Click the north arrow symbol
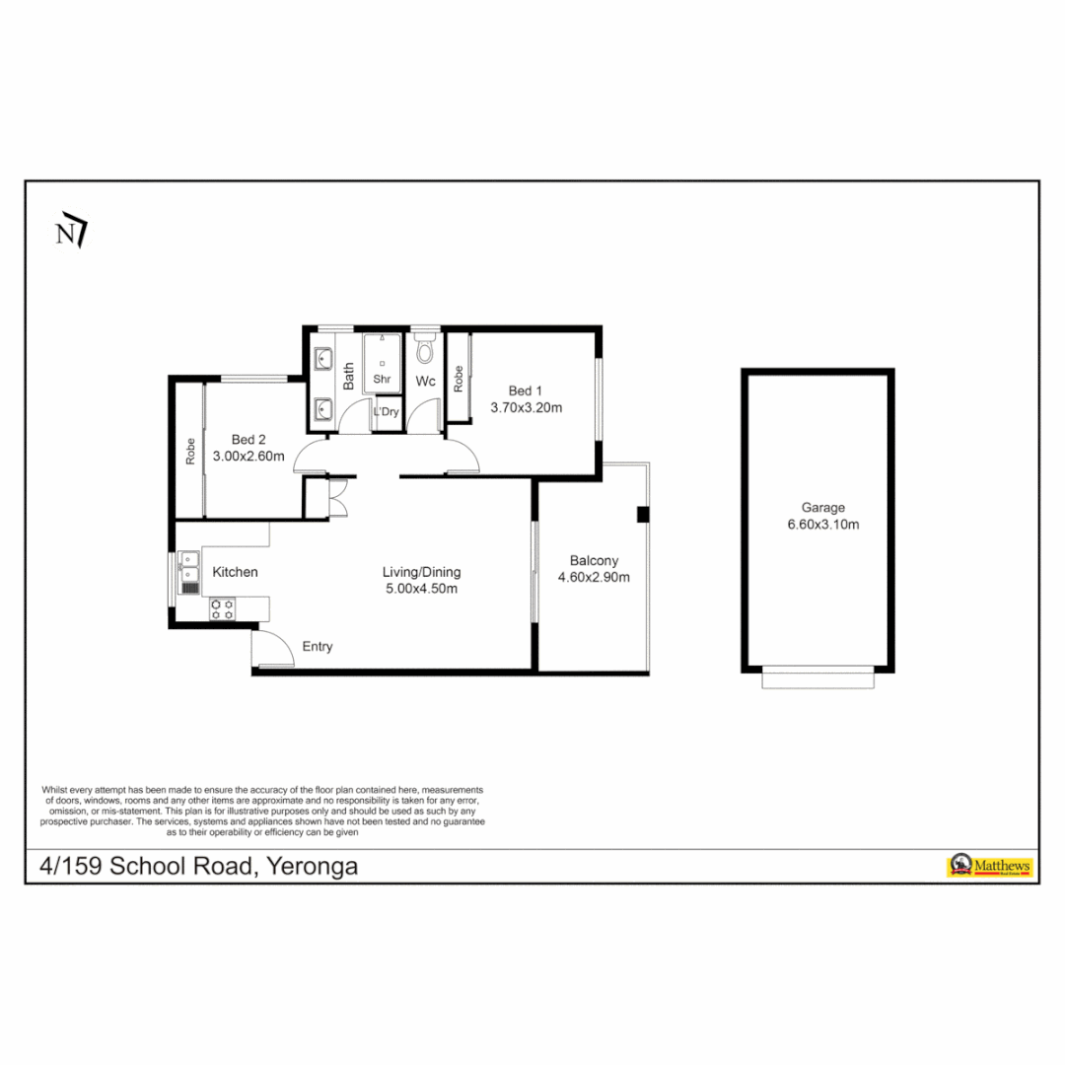coord(71,233)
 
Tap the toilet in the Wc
coord(426,349)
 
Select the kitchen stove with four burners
coord(222,608)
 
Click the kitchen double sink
coord(189,573)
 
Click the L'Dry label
coord(386,412)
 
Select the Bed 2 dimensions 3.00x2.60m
coord(248,457)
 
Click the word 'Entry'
coord(318,647)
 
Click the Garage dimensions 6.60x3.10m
coord(822,525)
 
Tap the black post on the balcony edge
coord(642,514)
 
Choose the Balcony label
coord(594,560)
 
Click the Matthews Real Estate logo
coord(989,866)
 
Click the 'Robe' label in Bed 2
coord(190,452)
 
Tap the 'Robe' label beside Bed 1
coord(459,380)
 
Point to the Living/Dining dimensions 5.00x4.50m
coord(421,589)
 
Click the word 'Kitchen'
coord(236,572)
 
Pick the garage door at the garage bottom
coord(817,677)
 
